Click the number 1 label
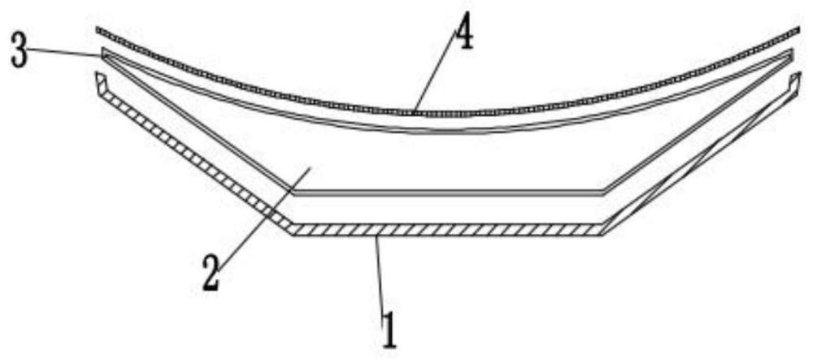click(x=389, y=330)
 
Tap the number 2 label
click(x=210, y=273)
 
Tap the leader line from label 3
click(x=65, y=53)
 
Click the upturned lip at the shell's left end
click(x=99, y=80)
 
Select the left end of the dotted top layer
click(x=99, y=31)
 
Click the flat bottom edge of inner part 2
click(x=447, y=194)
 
